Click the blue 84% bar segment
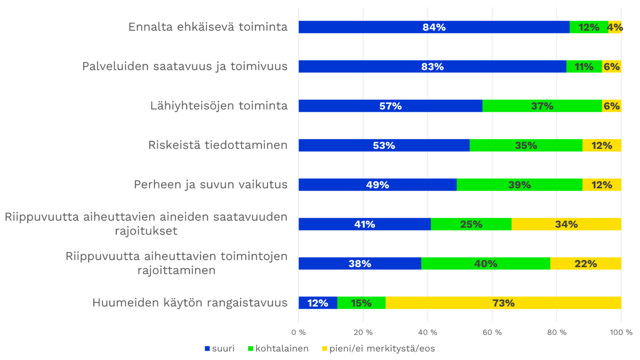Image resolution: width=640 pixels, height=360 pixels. point(434,27)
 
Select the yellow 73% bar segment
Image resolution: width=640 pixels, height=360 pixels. point(503,303)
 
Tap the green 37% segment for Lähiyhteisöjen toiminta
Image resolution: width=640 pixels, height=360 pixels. point(542,106)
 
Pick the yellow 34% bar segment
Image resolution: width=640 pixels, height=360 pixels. point(566,224)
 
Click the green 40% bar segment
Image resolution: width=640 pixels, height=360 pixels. point(485,263)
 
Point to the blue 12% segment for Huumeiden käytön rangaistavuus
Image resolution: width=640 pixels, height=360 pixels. point(317,303)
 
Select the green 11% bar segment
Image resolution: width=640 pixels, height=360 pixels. point(584,67)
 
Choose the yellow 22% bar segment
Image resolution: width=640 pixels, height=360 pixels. point(586,263)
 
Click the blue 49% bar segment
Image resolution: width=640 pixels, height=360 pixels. point(377,185)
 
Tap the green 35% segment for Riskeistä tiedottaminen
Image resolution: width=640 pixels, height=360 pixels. point(526,145)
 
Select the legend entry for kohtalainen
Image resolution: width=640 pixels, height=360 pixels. point(277,349)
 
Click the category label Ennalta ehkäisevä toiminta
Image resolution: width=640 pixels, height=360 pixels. point(208,27)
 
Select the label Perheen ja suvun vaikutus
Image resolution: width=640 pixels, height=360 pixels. point(211,185)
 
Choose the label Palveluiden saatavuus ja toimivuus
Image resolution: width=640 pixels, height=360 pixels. point(185,67)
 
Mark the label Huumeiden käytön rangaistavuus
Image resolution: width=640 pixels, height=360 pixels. point(190,303)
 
